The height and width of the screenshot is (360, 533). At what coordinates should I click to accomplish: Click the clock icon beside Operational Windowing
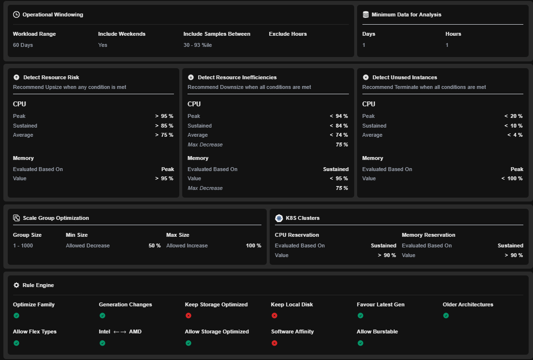(16, 14)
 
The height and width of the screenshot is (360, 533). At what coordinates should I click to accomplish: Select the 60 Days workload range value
(23, 45)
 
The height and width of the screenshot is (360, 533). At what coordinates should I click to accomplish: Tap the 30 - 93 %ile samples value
(198, 45)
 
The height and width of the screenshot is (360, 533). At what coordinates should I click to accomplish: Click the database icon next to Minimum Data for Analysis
(366, 14)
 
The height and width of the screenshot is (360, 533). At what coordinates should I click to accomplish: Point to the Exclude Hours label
(288, 34)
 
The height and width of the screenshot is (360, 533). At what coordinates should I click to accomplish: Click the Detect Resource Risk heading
(51, 77)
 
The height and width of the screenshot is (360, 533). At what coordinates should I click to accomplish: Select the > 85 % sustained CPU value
(164, 126)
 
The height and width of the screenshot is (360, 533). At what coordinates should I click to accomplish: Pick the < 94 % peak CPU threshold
(339, 116)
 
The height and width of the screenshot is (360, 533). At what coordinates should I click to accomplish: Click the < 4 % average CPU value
(515, 135)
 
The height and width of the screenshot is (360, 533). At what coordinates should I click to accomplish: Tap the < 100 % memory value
(512, 178)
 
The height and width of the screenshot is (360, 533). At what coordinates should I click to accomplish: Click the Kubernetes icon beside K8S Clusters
(279, 218)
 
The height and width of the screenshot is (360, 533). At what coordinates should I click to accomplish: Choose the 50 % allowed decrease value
(154, 246)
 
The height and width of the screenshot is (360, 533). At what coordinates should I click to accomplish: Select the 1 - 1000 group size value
(23, 246)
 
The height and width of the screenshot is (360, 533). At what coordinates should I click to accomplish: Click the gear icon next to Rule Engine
(16, 285)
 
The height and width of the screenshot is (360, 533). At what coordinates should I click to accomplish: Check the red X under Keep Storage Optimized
(188, 316)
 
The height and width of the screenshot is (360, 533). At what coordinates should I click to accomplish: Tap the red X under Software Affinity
(274, 343)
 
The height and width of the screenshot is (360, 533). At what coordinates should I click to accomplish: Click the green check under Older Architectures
(446, 316)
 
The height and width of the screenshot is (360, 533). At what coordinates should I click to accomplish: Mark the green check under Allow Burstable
(360, 343)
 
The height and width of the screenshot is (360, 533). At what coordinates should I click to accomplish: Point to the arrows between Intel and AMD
(120, 332)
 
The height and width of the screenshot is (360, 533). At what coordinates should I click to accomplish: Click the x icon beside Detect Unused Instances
(366, 77)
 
